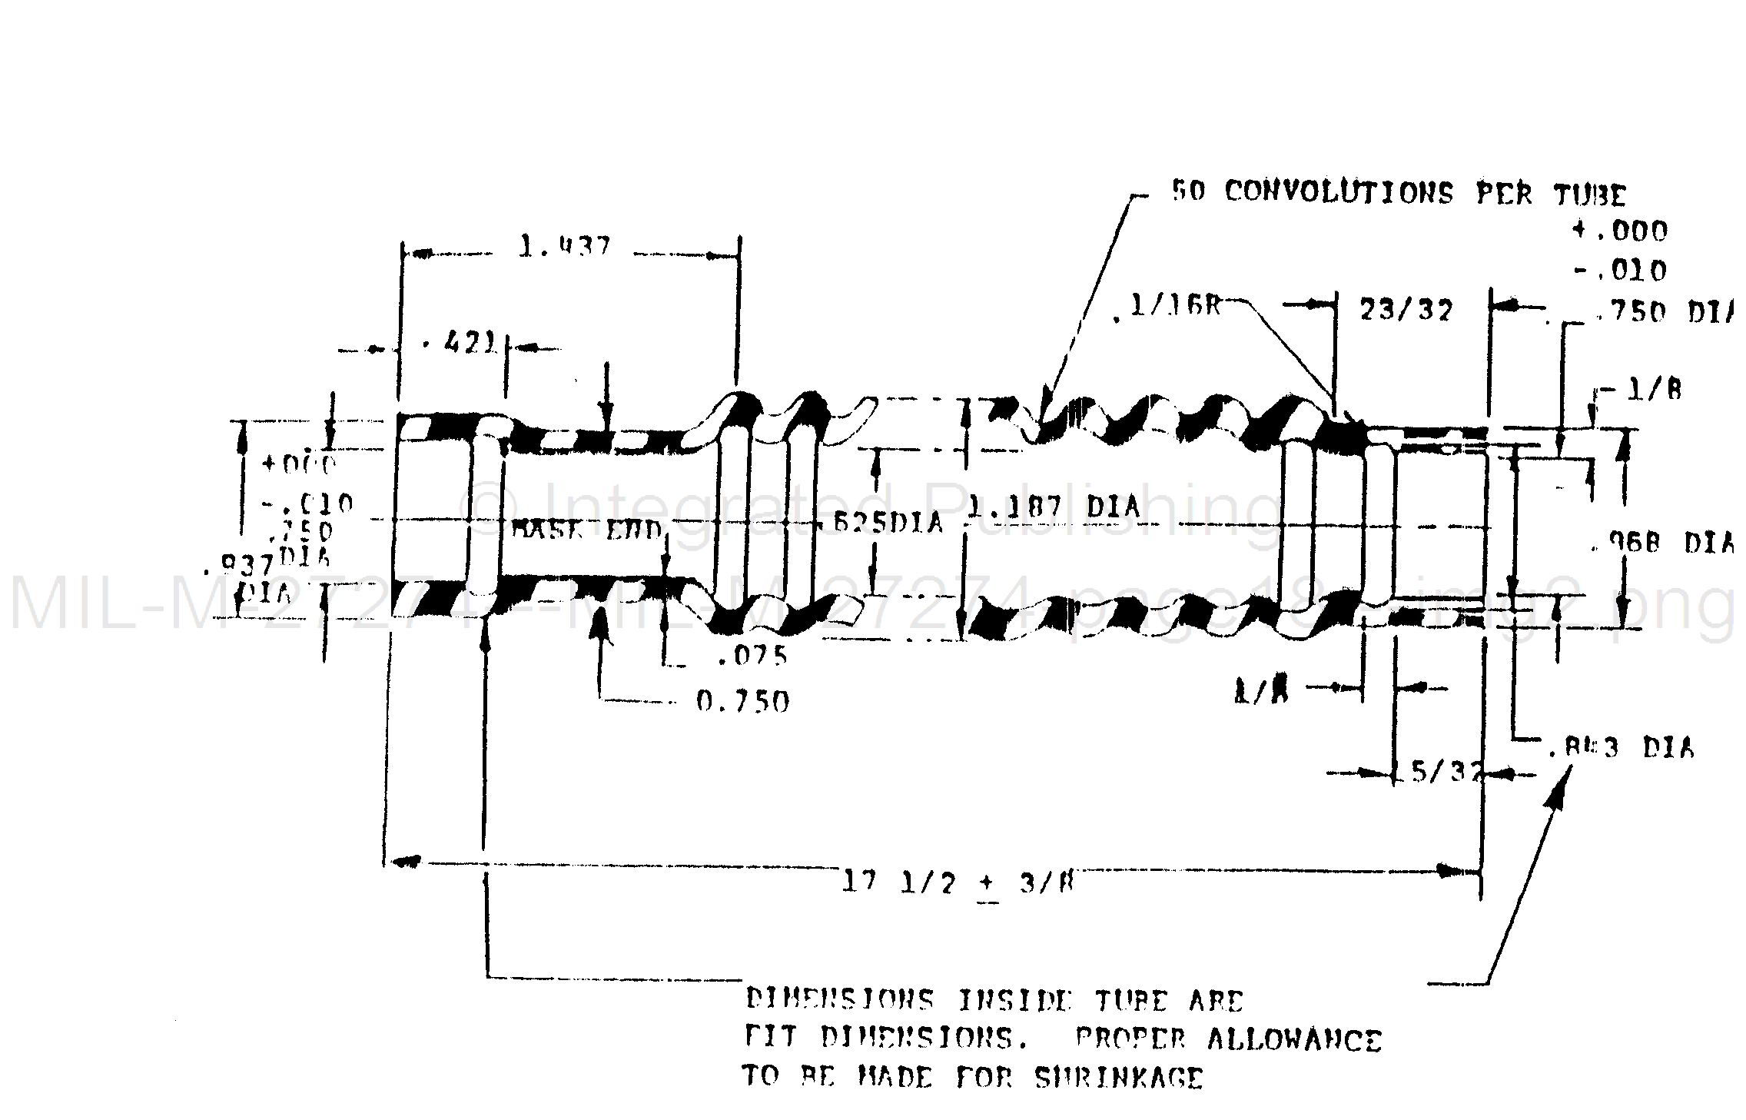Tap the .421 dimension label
[460, 343]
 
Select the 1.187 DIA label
[1052, 507]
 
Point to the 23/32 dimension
[1406, 311]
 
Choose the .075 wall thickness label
[752, 656]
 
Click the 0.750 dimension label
[742, 701]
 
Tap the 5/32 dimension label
[1446, 772]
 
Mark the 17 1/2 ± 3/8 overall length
[958, 882]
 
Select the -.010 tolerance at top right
[1620, 271]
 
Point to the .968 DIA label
[1659, 543]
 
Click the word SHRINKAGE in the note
[1118, 1078]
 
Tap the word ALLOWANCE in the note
[1294, 1039]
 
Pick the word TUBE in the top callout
[1590, 195]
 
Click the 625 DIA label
[888, 523]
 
